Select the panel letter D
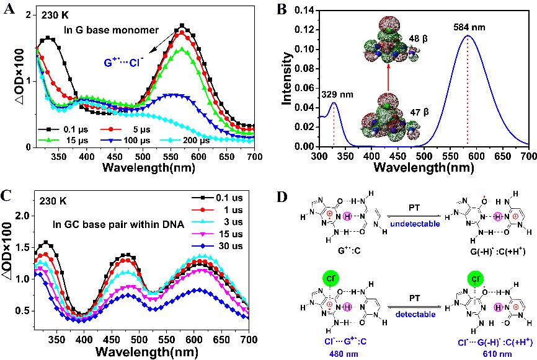pyautogui.click(x=280, y=198)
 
